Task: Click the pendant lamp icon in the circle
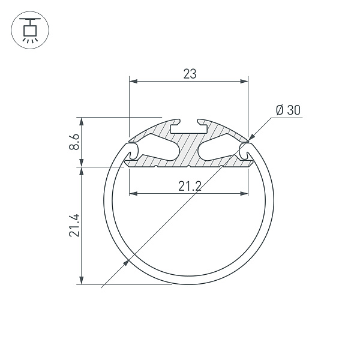coord(29,30)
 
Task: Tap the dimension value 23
coord(189,74)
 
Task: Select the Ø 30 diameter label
coord(287,110)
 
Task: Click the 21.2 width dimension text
coord(189,187)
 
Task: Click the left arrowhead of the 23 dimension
coord(133,81)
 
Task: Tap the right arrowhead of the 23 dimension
coord(244,81)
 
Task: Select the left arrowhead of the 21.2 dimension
coord(134,194)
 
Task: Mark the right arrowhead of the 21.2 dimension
coord(243,194)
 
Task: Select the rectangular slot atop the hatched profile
coord(188,128)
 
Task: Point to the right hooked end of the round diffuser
coord(247,152)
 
